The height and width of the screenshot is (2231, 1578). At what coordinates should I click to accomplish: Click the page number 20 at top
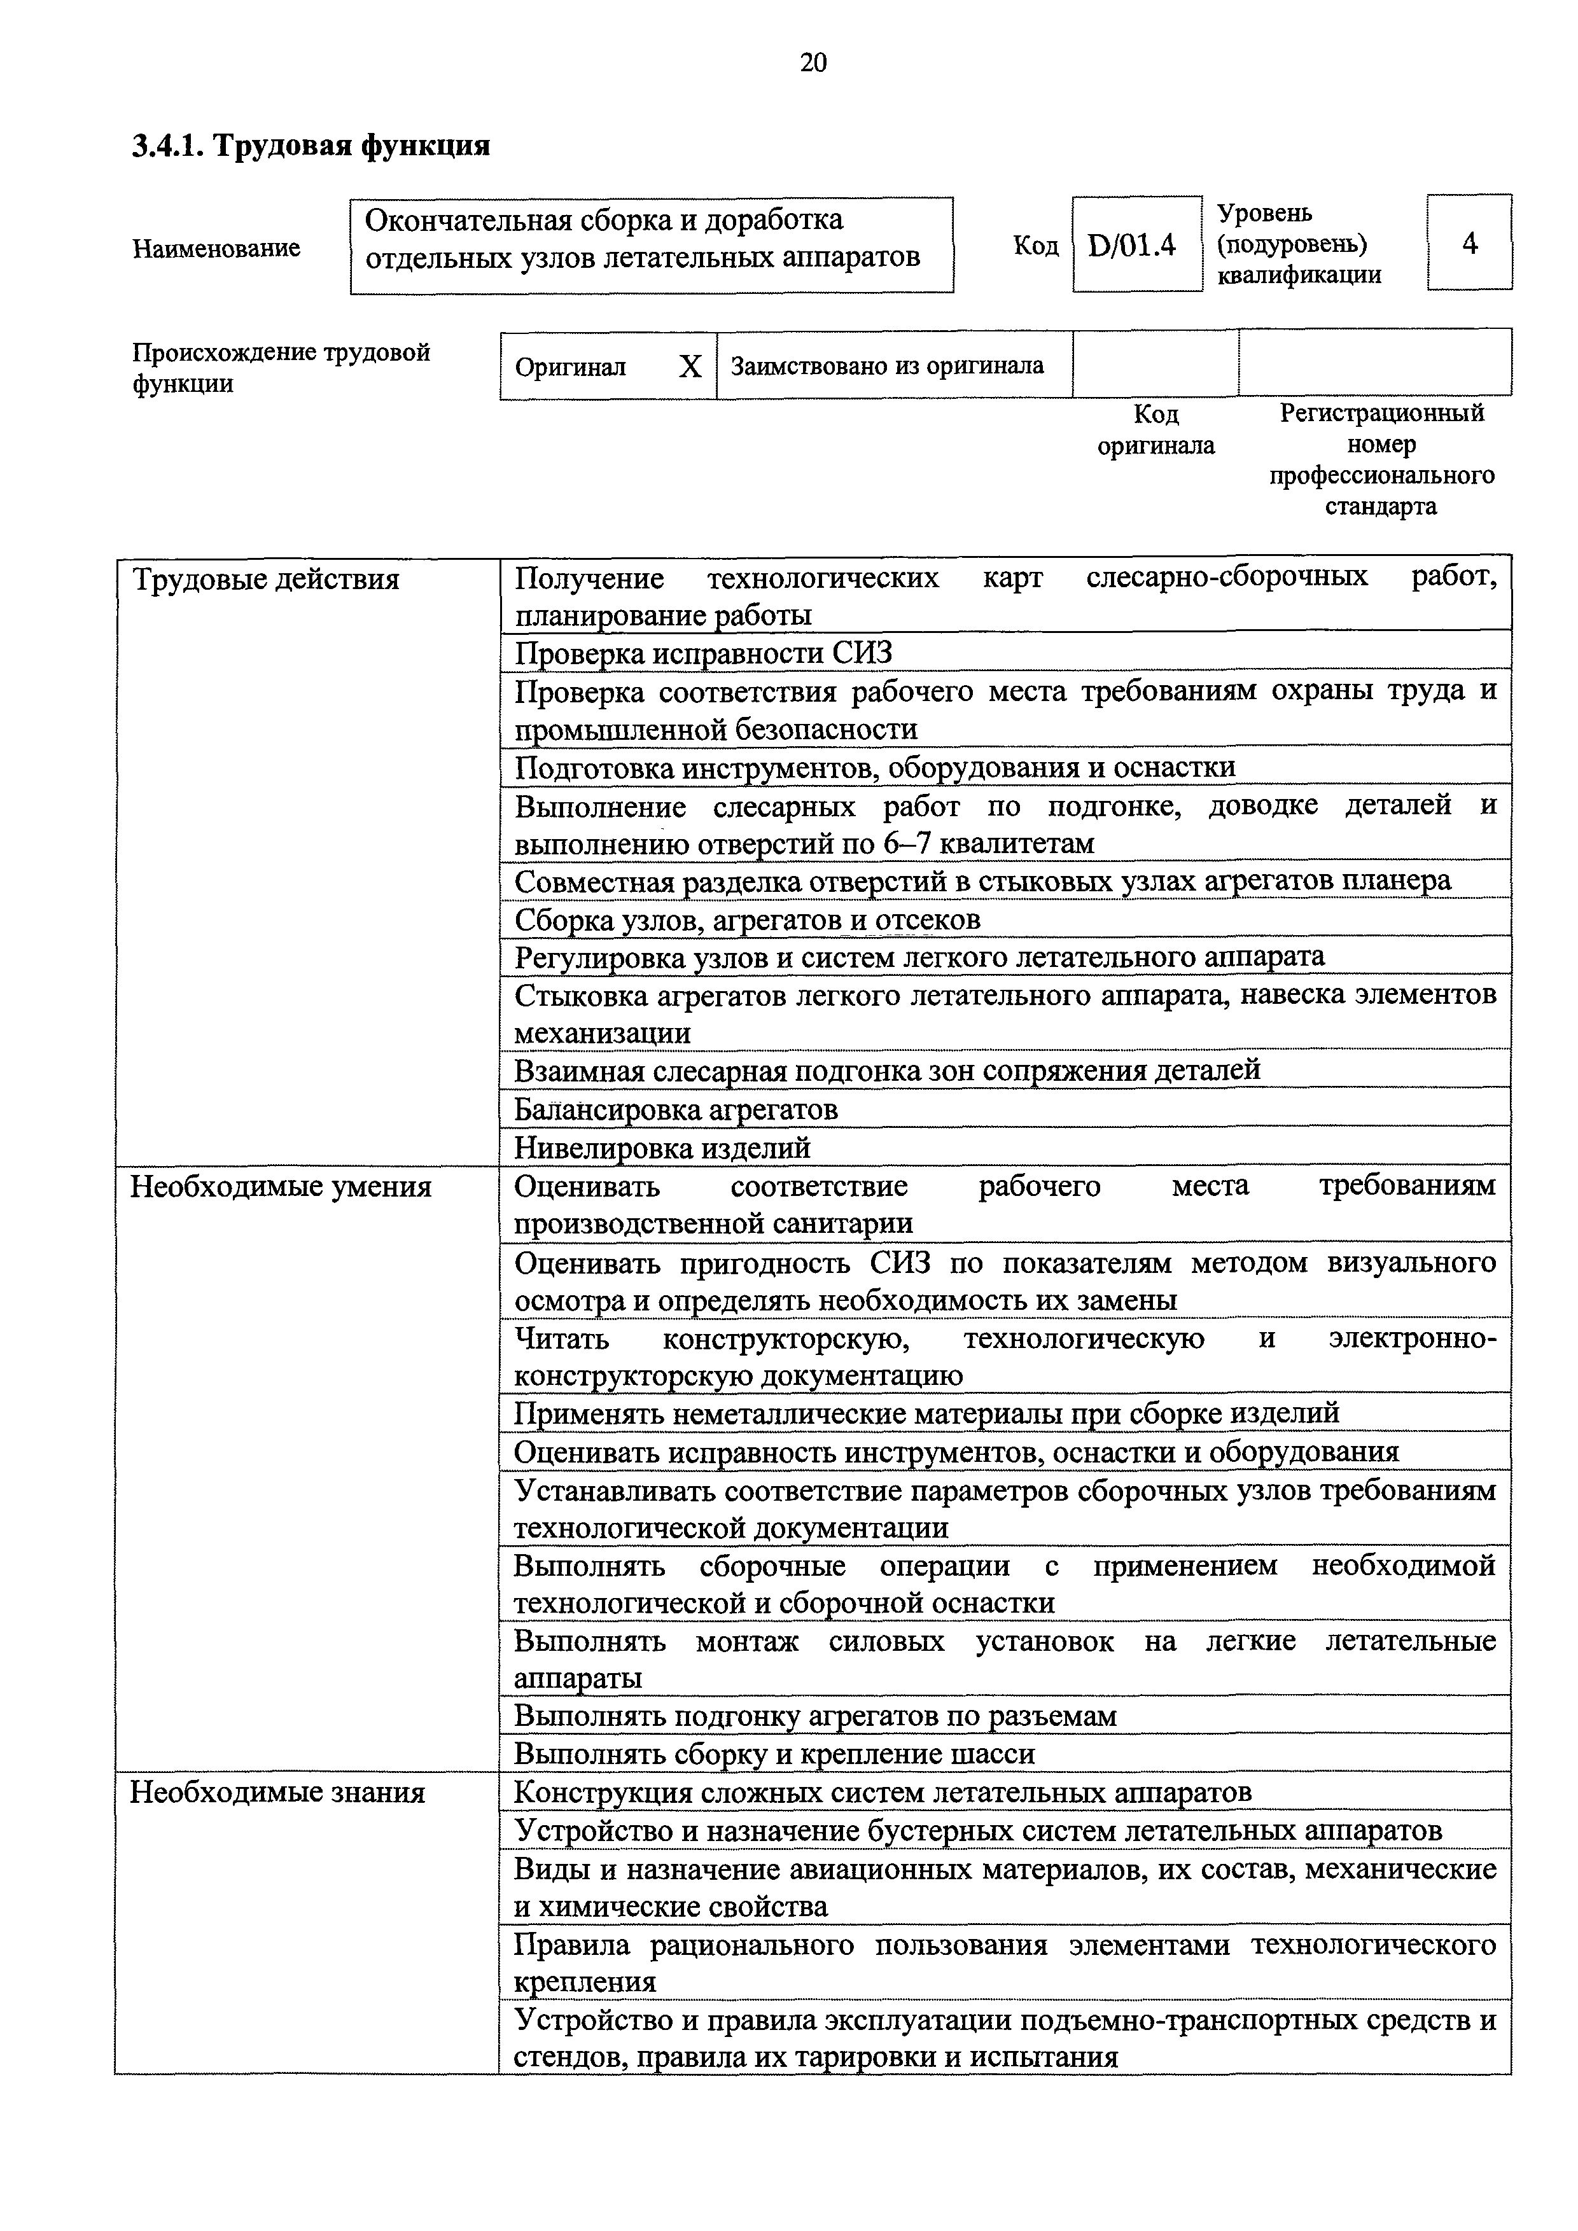pos(813,63)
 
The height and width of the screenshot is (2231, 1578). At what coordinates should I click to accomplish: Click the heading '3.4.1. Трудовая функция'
pos(311,146)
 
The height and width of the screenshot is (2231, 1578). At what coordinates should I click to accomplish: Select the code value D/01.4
pos(1132,246)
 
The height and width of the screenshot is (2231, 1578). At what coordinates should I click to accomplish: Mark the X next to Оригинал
pos(689,366)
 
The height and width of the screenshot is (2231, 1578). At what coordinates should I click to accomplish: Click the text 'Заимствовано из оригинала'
pos(886,366)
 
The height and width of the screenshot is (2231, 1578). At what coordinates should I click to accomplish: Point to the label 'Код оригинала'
pos(1156,429)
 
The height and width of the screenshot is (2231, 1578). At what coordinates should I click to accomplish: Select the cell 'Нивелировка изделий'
pos(662,1148)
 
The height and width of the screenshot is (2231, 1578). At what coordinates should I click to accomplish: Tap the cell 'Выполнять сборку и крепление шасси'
pos(774,1754)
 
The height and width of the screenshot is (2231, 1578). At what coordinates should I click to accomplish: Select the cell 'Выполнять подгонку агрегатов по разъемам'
pos(814,1716)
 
